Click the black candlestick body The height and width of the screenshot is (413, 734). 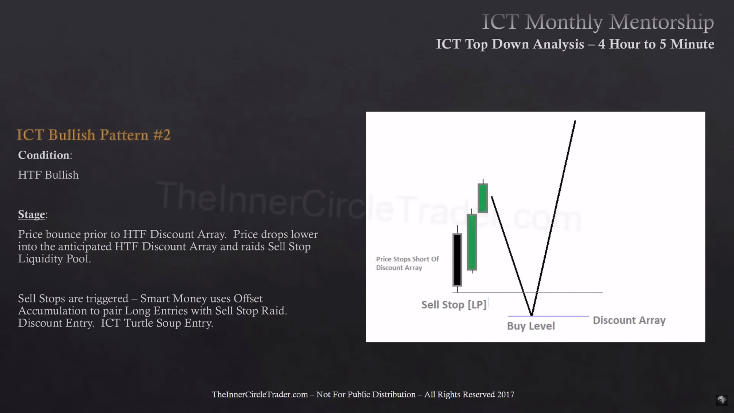(x=457, y=260)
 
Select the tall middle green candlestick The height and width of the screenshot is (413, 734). (x=472, y=242)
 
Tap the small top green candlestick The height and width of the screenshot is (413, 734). (x=483, y=198)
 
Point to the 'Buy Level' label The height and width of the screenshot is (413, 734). (x=531, y=326)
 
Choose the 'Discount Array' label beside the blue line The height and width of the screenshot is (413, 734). (x=629, y=320)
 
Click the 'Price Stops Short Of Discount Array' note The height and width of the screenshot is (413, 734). (x=407, y=263)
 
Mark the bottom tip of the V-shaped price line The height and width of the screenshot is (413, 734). (x=531, y=315)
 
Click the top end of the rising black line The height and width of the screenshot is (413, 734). (x=575, y=121)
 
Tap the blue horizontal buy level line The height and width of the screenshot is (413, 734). (x=548, y=316)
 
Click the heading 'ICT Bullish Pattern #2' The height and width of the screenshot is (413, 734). (x=94, y=135)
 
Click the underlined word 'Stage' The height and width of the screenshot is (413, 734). (x=32, y=214)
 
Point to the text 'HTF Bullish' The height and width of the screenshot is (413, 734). (x=48, y=175)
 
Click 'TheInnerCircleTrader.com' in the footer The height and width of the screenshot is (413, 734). (x=260, y=394)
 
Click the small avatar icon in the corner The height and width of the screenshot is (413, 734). (x=721, y=400)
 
